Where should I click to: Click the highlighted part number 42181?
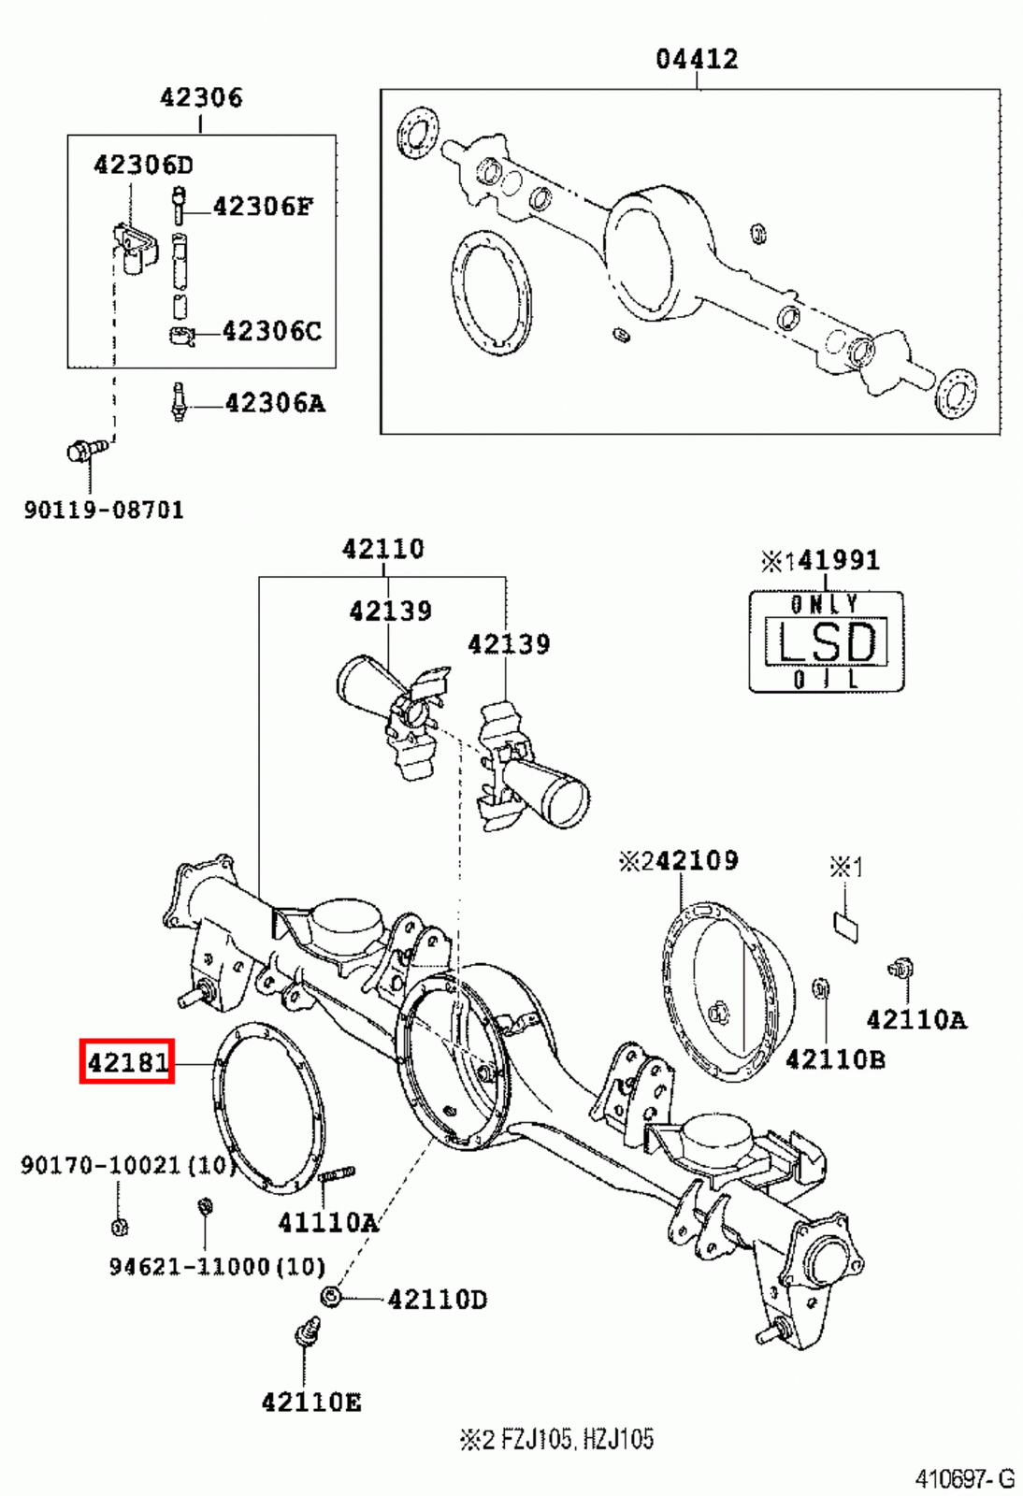[127, 1062]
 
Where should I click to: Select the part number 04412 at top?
[697, 60]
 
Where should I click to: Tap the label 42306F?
[263, 207]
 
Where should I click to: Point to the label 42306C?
[271, 331]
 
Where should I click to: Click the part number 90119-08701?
[104, 511]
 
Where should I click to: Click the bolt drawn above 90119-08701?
[85, 451]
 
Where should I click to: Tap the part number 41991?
[838, 560]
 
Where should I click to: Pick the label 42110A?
[915, 1020]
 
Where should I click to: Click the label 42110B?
[835, 1059]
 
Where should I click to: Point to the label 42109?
[696, 860]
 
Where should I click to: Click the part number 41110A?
[327, 1222]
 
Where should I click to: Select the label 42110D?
[437, 1300]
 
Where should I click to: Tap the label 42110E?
[310, 1402]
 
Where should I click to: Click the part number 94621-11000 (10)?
[217, 1267]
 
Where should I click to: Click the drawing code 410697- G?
[964, 1479]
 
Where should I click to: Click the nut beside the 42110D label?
[330, 1297]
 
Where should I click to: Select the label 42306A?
[274, 404]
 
